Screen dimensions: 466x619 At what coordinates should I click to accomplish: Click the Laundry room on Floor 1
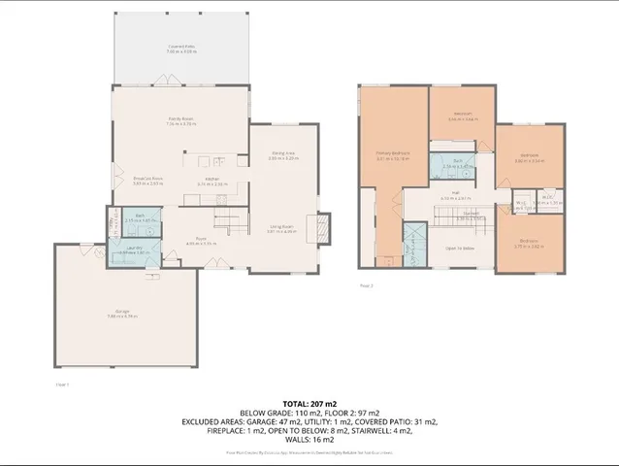[134, 250]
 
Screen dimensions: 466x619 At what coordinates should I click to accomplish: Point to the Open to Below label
[458, 249]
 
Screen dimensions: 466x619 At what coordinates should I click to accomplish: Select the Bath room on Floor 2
[449, 165]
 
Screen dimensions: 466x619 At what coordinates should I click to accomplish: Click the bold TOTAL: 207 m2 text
[309, 401]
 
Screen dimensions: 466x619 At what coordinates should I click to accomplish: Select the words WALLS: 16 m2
[309, 439]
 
